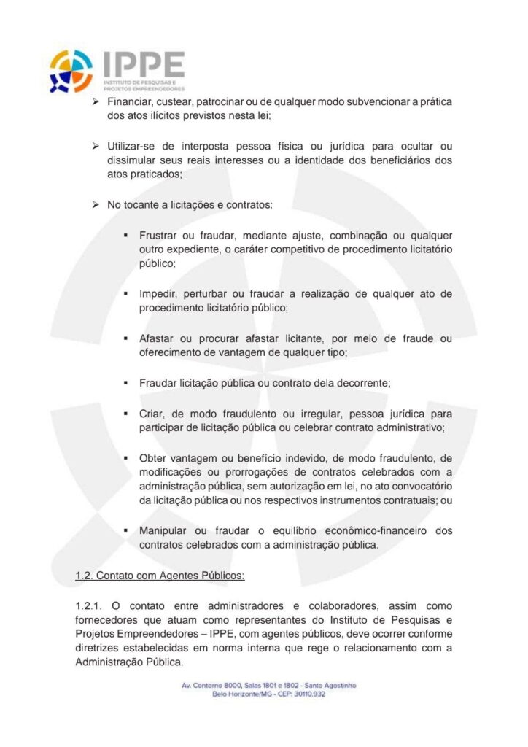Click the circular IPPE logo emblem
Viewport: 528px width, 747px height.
click(x=71, y=71)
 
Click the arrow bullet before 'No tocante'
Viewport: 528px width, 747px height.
click(x=95, y=205)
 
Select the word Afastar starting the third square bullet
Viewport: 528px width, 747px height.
click(x=158, y=339)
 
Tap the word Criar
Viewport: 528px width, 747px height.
click(x=151, y=413)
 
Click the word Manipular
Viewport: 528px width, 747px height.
click(x=164, y=530)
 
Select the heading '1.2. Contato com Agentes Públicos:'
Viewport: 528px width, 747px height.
click(x=160, y=576)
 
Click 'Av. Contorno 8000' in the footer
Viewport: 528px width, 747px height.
click(x=211, y=685)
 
